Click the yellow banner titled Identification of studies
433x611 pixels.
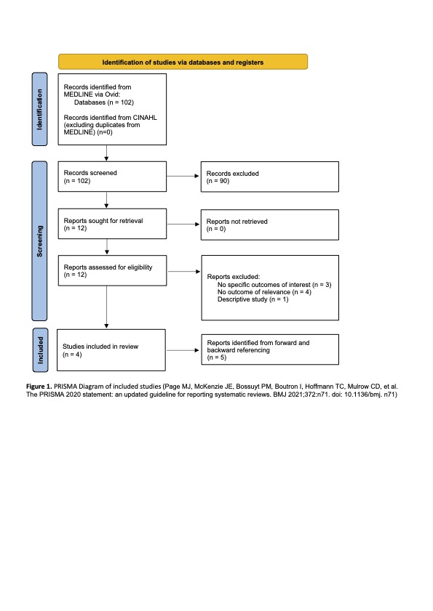point(183,62)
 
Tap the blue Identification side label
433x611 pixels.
point(39,109)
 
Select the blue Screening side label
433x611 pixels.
point(39,240)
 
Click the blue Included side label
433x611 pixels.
point(40,350)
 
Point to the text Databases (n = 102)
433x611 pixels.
point(104,102)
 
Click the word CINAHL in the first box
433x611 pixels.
point(145,117)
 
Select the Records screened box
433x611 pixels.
point(112,177)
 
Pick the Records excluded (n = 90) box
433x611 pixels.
point(270,177)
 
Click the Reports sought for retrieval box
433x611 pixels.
point(112,224)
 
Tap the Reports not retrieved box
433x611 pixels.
point(270,224)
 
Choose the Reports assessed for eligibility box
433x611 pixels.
point(113,270)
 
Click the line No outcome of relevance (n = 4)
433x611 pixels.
point(264,292)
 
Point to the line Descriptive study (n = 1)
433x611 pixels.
point(253,299)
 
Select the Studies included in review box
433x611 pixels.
point(111,350)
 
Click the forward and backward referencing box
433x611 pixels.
point(270,349)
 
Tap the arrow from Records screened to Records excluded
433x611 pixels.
point(183,176)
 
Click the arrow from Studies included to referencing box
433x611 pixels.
point(183,350)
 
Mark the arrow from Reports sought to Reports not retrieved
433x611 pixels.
point(183,224)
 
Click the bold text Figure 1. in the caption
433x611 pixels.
point(39,387)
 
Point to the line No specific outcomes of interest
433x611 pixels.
point(274,285)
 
